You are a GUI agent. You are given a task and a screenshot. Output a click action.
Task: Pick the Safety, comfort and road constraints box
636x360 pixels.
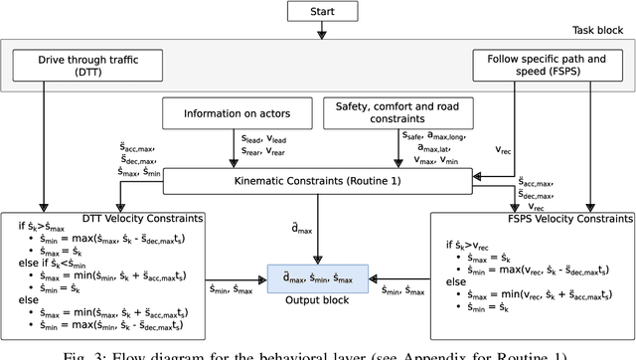tap(400, 112)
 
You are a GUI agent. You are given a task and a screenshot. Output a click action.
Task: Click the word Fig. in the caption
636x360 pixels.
tap(75, 354)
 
